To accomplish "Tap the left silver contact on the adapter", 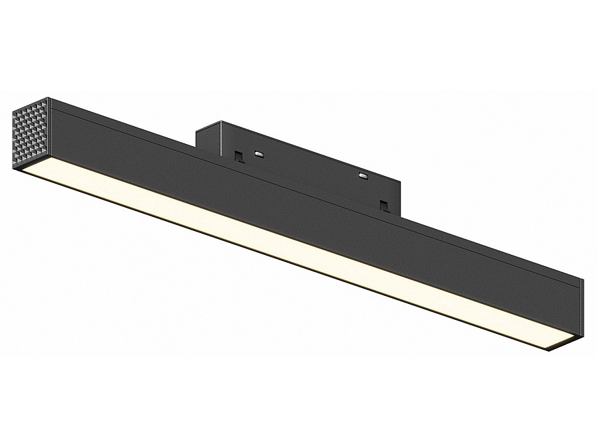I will pos(258,153).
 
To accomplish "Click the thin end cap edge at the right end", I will pos(580,312).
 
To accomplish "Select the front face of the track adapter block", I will pos(305,166).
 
